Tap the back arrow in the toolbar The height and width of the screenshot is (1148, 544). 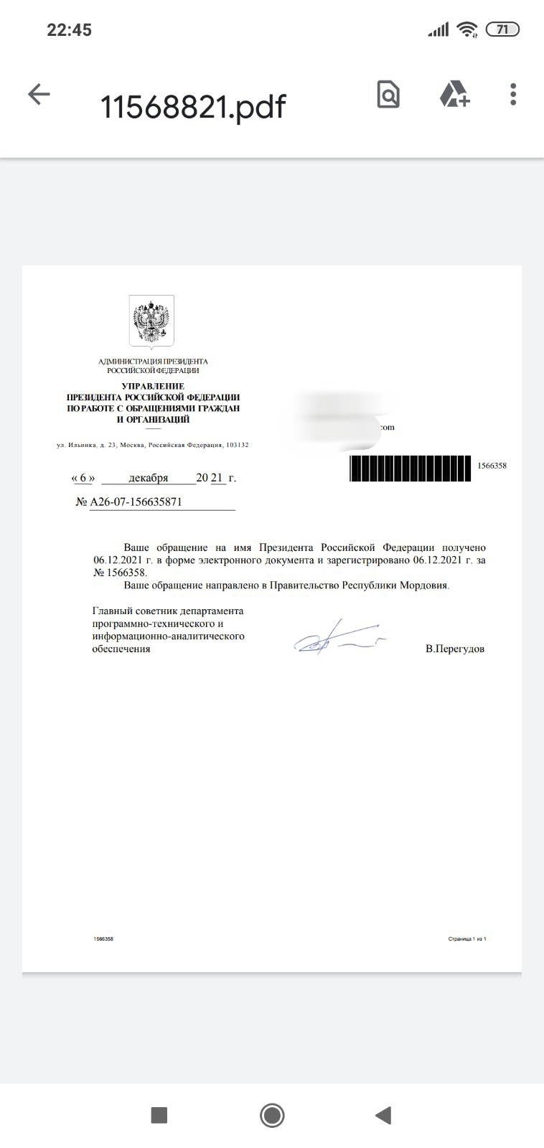coord(39,94)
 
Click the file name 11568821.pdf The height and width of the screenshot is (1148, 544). coord(192,107)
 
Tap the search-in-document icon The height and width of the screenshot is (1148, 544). coord(388,94)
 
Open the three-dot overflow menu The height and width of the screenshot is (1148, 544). coord(512,94)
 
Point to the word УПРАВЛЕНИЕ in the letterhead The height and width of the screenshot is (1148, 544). coord(153,386)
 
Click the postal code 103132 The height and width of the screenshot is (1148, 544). coord(237,445)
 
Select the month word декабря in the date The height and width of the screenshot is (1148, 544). coord(149,478)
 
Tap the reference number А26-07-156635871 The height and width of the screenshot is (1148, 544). coord(136,502)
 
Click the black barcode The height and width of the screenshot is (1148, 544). coord(410,468)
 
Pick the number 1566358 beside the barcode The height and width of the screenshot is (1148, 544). coord(492,466)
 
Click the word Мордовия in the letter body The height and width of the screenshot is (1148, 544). coord(426,585)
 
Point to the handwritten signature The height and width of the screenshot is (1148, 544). coord(337,639)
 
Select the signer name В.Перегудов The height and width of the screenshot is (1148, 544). coord(455,649)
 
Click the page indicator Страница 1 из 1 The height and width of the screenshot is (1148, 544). coord(467,938)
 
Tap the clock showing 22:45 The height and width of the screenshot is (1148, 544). coord(69,29)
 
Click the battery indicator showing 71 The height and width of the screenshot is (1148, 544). coord(502,29)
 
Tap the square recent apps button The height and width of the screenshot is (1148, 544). coord(159,1115)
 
